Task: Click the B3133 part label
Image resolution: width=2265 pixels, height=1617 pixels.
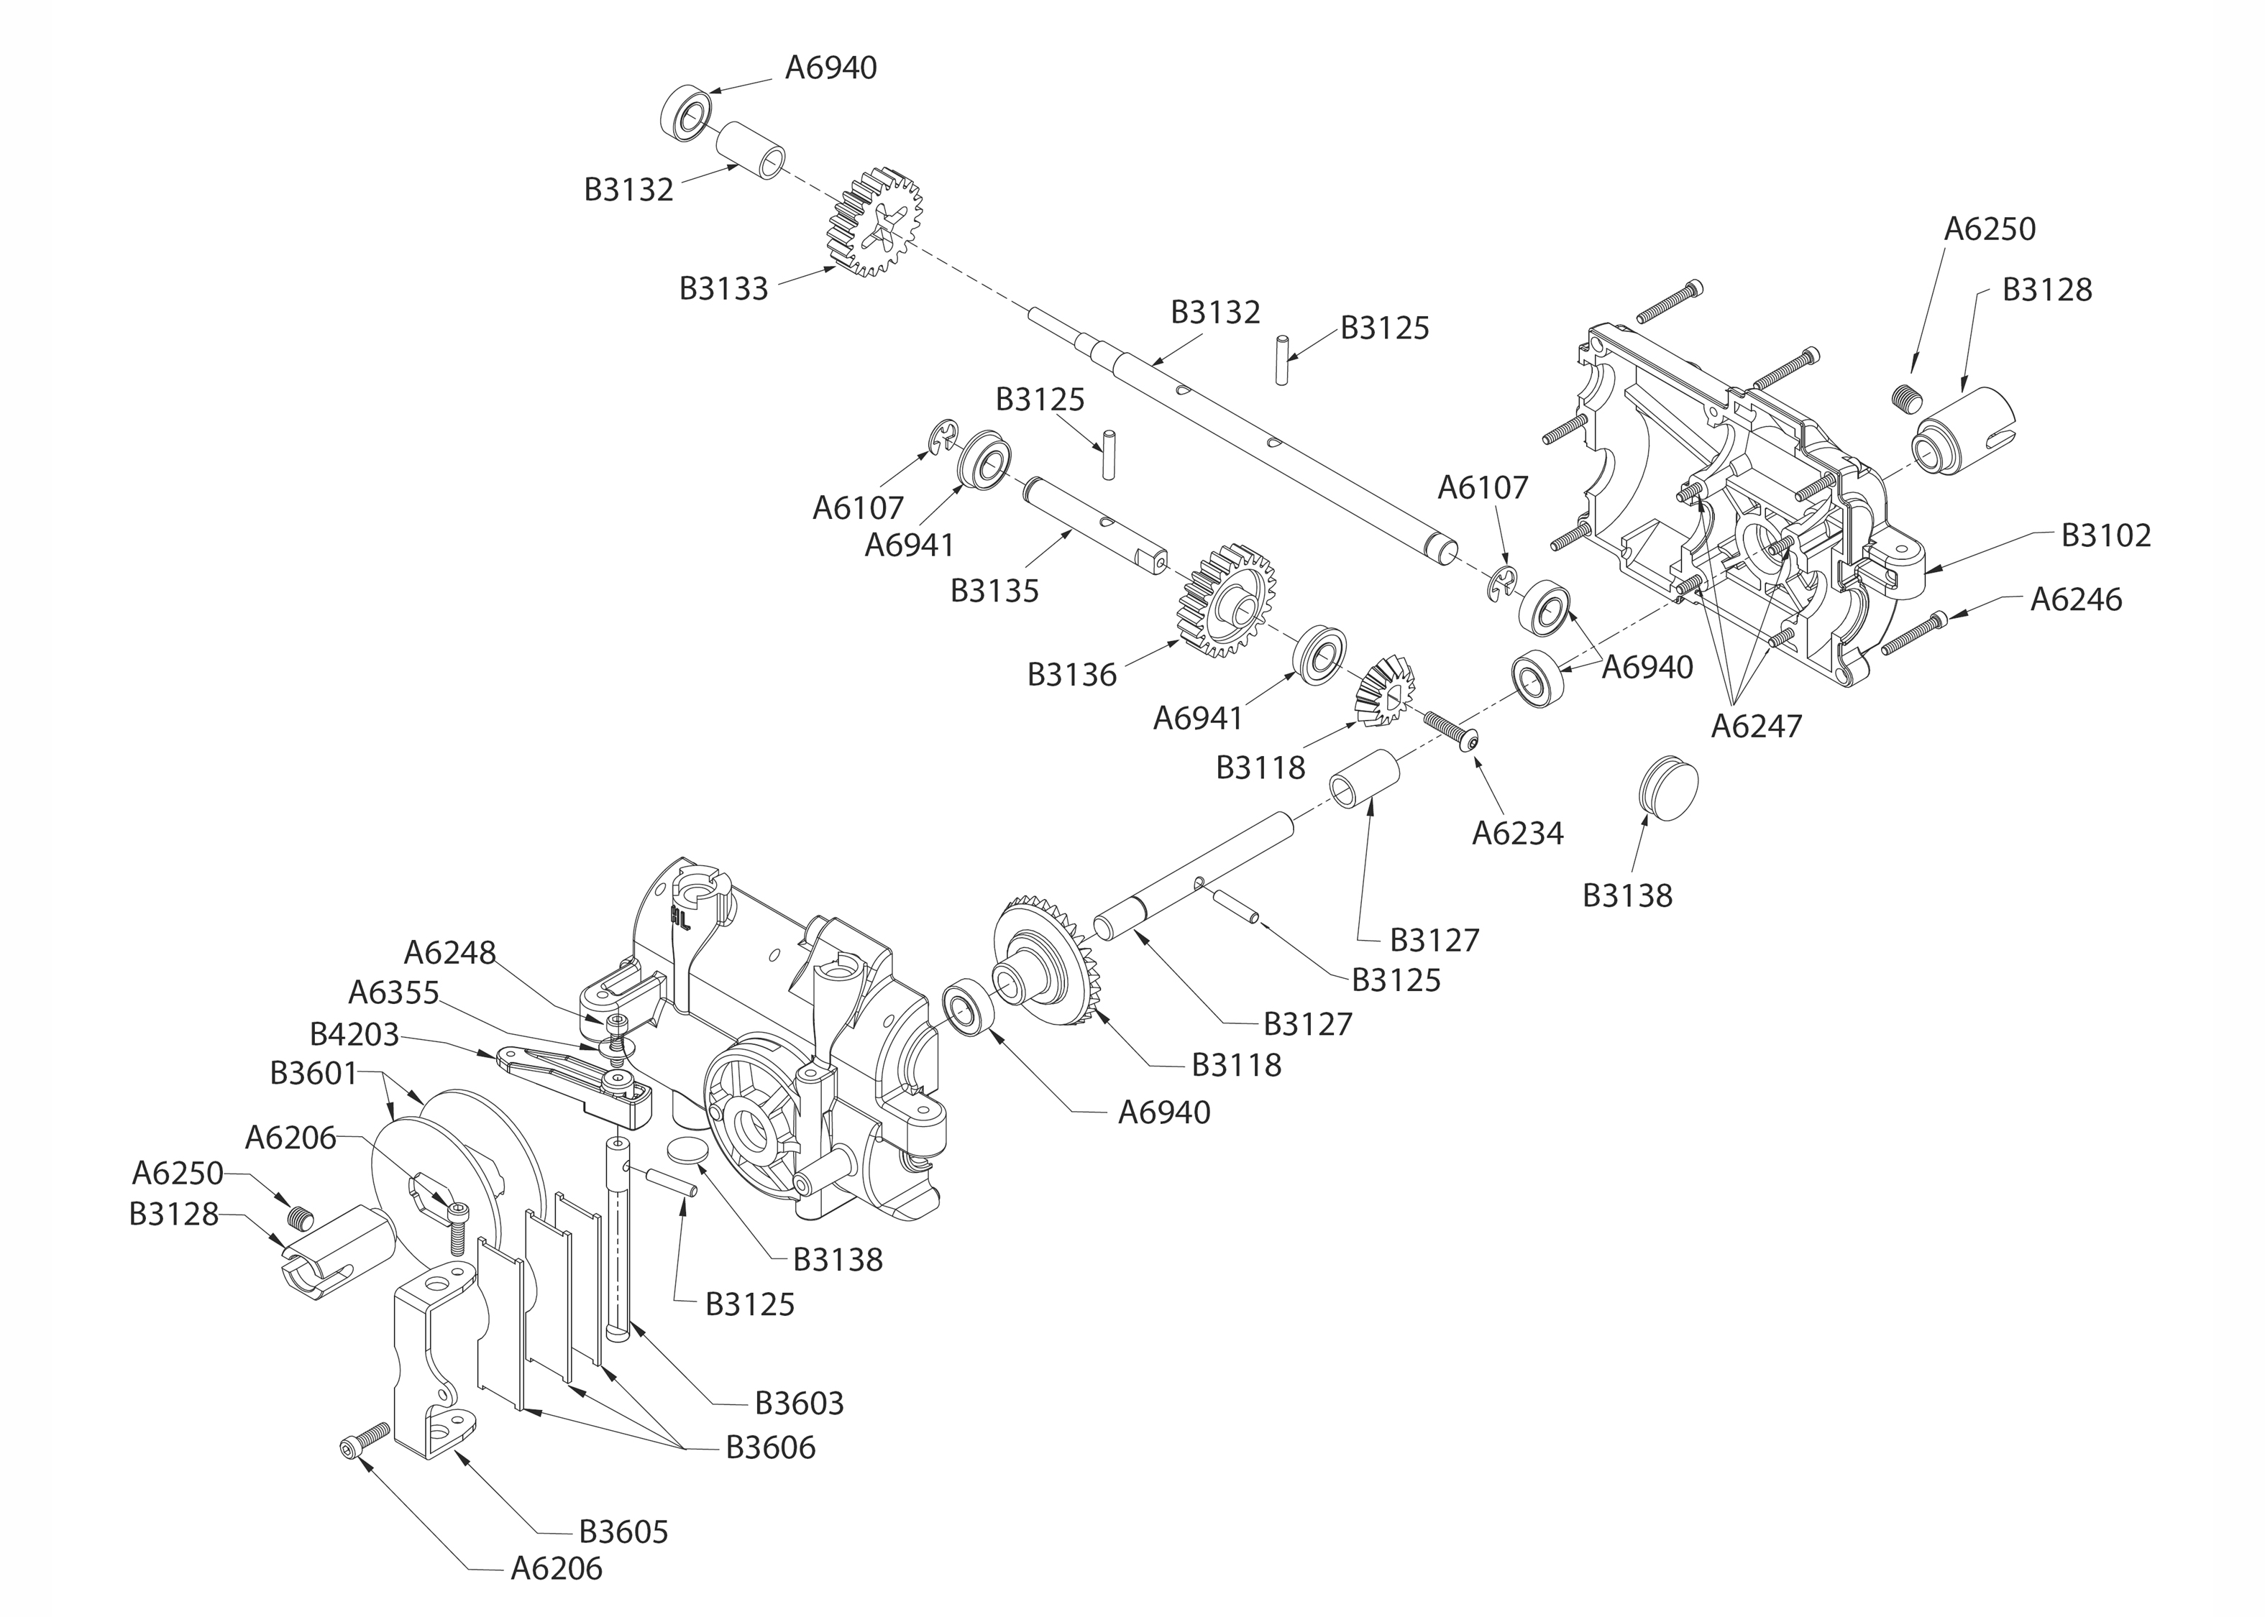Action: pos(723,289)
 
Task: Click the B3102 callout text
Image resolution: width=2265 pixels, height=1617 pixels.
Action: pos(2105,535)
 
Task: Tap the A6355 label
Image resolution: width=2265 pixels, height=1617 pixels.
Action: pos(393,992)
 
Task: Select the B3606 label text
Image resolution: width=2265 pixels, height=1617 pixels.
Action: pos(770,1447)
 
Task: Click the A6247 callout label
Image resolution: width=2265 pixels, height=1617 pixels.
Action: pos(1756,726)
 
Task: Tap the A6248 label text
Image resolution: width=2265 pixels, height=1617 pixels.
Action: pos(449,953)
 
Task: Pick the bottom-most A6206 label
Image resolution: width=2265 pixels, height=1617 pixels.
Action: pos(556,1568)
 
